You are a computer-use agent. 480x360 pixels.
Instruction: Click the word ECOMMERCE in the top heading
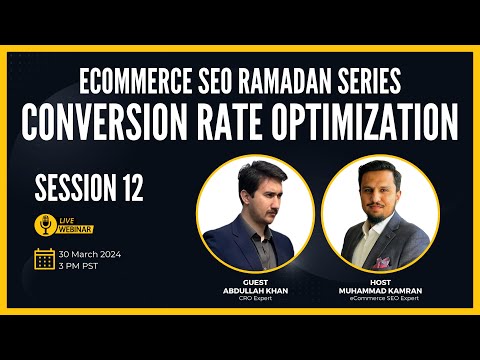pos(135,81)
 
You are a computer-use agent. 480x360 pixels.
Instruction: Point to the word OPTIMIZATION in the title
pos(364,122)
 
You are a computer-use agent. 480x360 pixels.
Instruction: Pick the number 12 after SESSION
pos(133,189)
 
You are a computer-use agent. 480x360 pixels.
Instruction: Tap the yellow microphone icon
pos(45,225)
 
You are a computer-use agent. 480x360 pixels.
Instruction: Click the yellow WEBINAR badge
pos(75,229)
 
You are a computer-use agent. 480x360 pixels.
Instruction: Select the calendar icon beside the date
pos(44,259)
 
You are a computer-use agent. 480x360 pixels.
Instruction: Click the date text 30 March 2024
pos(90,254)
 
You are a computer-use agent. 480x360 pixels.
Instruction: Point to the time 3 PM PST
pos(78,266)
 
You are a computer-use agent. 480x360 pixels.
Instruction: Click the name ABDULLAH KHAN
pos(255,291)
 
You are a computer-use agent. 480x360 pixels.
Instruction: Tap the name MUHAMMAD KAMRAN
pos(380,291)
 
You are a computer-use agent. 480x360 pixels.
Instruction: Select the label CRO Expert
pos(255,298)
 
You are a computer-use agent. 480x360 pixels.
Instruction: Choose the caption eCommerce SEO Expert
pos(384,298)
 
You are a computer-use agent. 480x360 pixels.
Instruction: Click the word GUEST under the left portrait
pos(255,283)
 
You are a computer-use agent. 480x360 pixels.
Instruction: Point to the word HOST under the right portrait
pos(380,283)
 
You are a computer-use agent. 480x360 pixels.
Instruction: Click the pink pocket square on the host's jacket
pos(381,262)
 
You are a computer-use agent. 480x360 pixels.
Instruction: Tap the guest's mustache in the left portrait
pos(272,211)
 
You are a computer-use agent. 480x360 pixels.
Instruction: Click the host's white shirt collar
pos(372,228)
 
